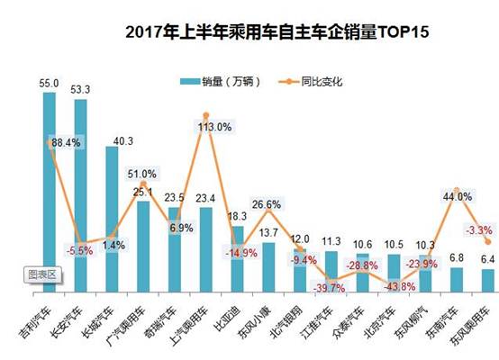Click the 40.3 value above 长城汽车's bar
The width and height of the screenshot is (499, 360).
(x=112, y=140)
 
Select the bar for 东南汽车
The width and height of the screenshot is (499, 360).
(x=457, y=280)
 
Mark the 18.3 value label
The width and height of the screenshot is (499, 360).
(x=238, y=217)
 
